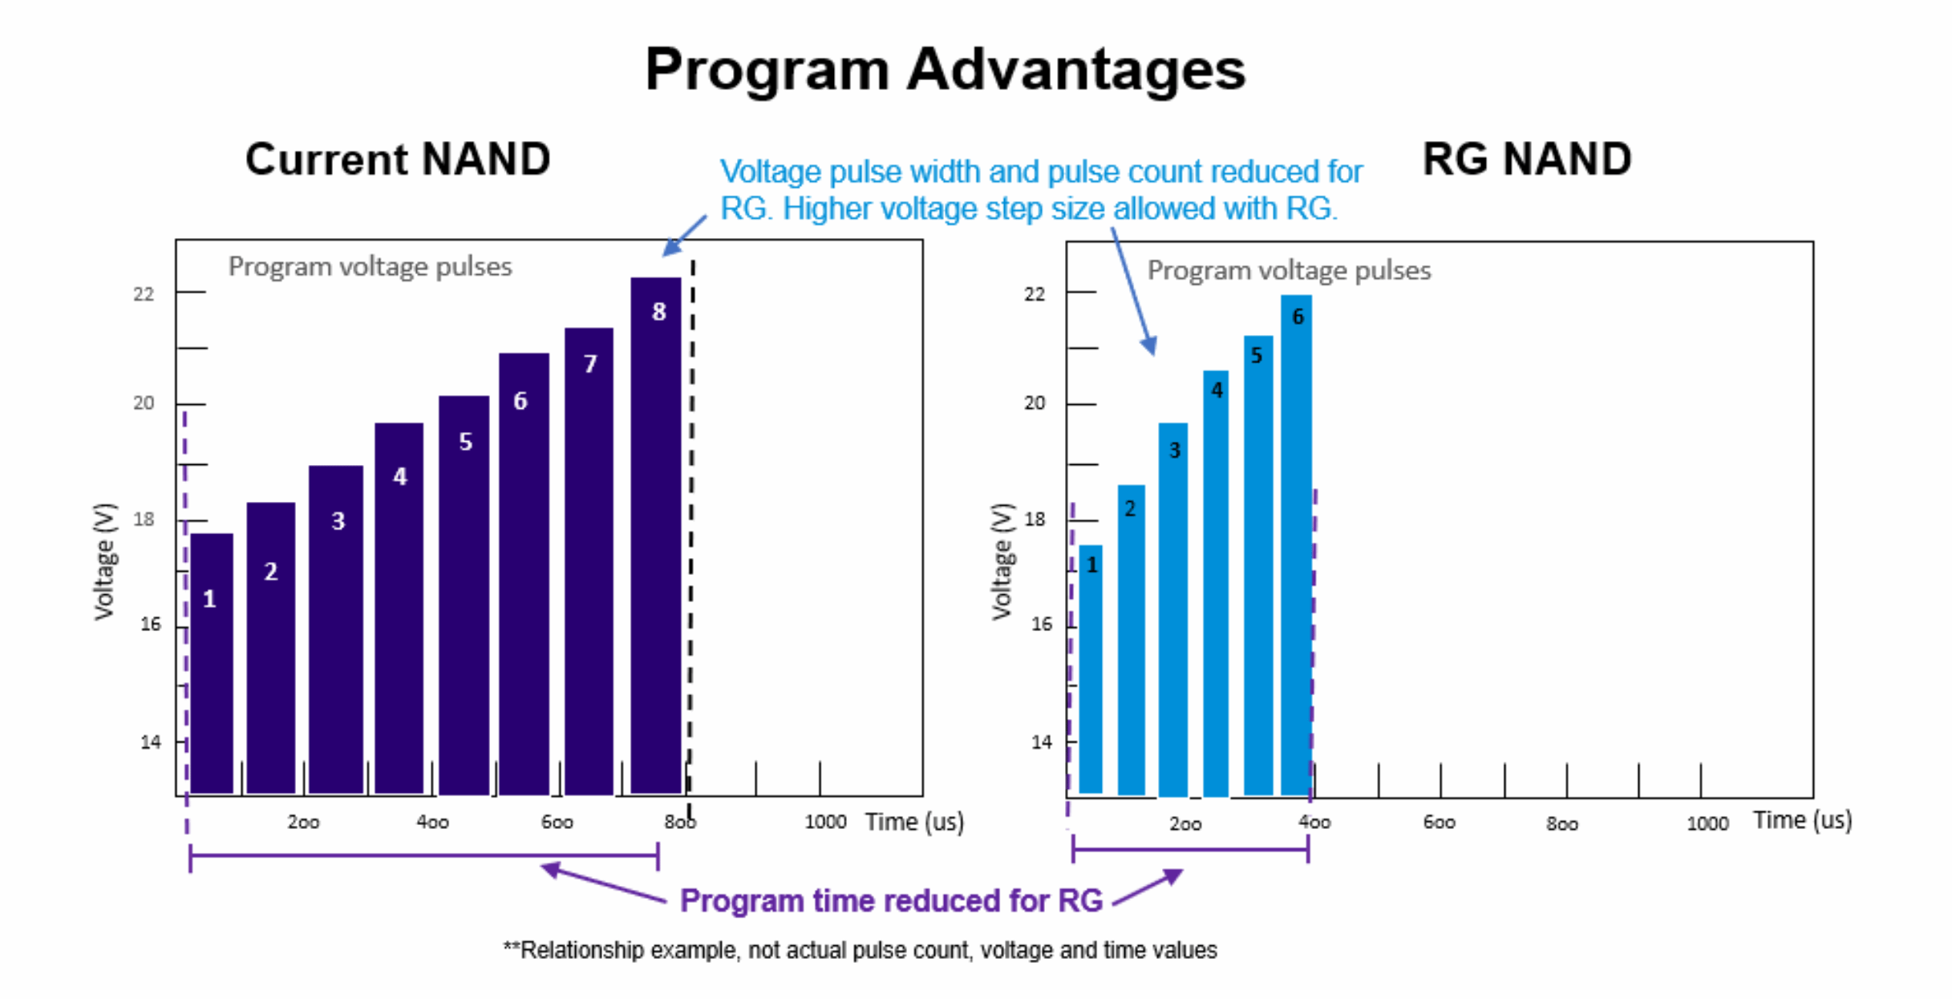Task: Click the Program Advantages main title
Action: tap(945, 70)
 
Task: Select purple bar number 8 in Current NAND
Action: tap(656, 537)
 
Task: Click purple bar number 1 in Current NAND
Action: tap(212, 665)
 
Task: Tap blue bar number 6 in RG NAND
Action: tap(1296, 545)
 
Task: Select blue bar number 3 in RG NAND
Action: tap(1173, 609)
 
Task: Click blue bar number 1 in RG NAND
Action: tap(1091, 669)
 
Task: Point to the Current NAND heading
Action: tap(398, 159)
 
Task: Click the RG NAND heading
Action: tap(1526, 159)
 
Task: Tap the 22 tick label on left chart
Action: tap(144, 294)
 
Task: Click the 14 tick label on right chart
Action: tap(1041, 742)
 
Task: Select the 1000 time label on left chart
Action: tap(825, 822)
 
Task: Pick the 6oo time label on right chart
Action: tap(1439, 823)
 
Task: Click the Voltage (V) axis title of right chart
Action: tap(1002, 561)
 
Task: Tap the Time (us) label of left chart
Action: tap(914, 822)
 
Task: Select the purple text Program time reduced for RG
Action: tap(891, 900)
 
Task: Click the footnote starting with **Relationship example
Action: tap(860, 950)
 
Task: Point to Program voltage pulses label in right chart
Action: tap(1289, 271)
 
